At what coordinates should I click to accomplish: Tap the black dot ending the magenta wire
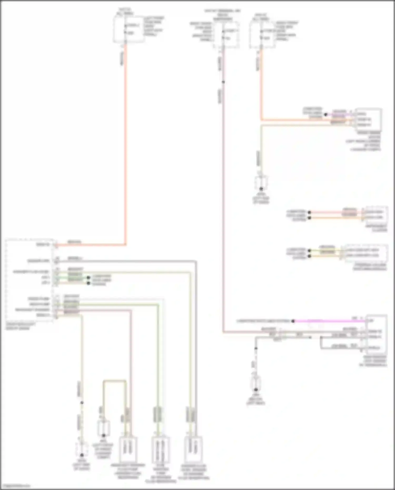(x=293, y=321)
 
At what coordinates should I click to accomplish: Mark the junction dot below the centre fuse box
(x=223, y=82)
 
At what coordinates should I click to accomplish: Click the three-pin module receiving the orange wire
(x=368, y=119)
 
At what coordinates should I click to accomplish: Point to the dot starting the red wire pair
(x=310, y=212)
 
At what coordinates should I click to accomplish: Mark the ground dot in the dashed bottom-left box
(x=82, y=455)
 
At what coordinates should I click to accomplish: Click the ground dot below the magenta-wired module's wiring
(x=255, y=390)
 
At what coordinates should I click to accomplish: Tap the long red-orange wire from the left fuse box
(x=126, y=145)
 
